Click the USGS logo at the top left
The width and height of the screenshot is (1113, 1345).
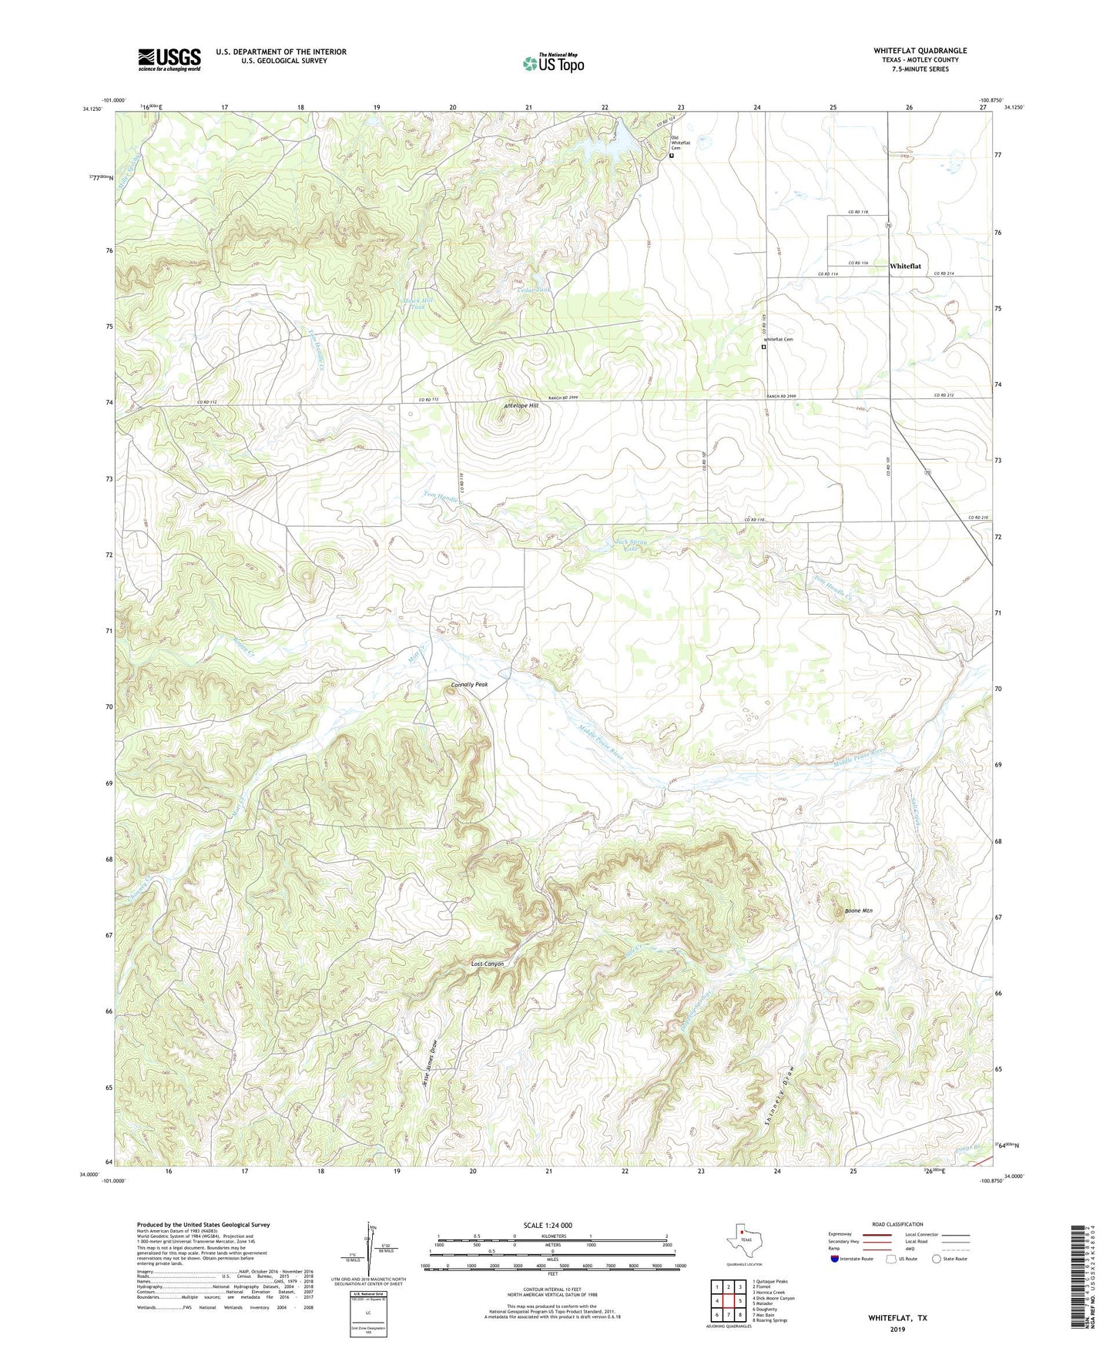(x=169, y=59)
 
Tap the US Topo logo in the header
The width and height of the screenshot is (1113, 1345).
(x=553, y=62)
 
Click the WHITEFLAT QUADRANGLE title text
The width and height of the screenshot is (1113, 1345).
(x=920, y=51)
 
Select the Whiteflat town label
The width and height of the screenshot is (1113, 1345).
(x=905, y=266)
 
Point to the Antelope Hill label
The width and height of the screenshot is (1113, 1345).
(x=521, y=405)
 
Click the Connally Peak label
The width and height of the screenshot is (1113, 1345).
(x=469, y=684)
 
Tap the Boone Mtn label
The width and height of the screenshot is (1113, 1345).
(x=858, y=911)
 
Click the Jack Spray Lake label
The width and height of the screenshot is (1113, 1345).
(x=630, y=545)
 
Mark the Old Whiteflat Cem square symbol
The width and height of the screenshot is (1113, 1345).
(x=671, y=156)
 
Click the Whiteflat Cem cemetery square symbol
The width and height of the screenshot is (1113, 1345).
(x=763, y=347)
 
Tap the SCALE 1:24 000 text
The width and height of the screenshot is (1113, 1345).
(x=547, y=1225)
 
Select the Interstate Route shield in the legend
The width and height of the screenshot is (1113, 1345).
(x=836, y=1259)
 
